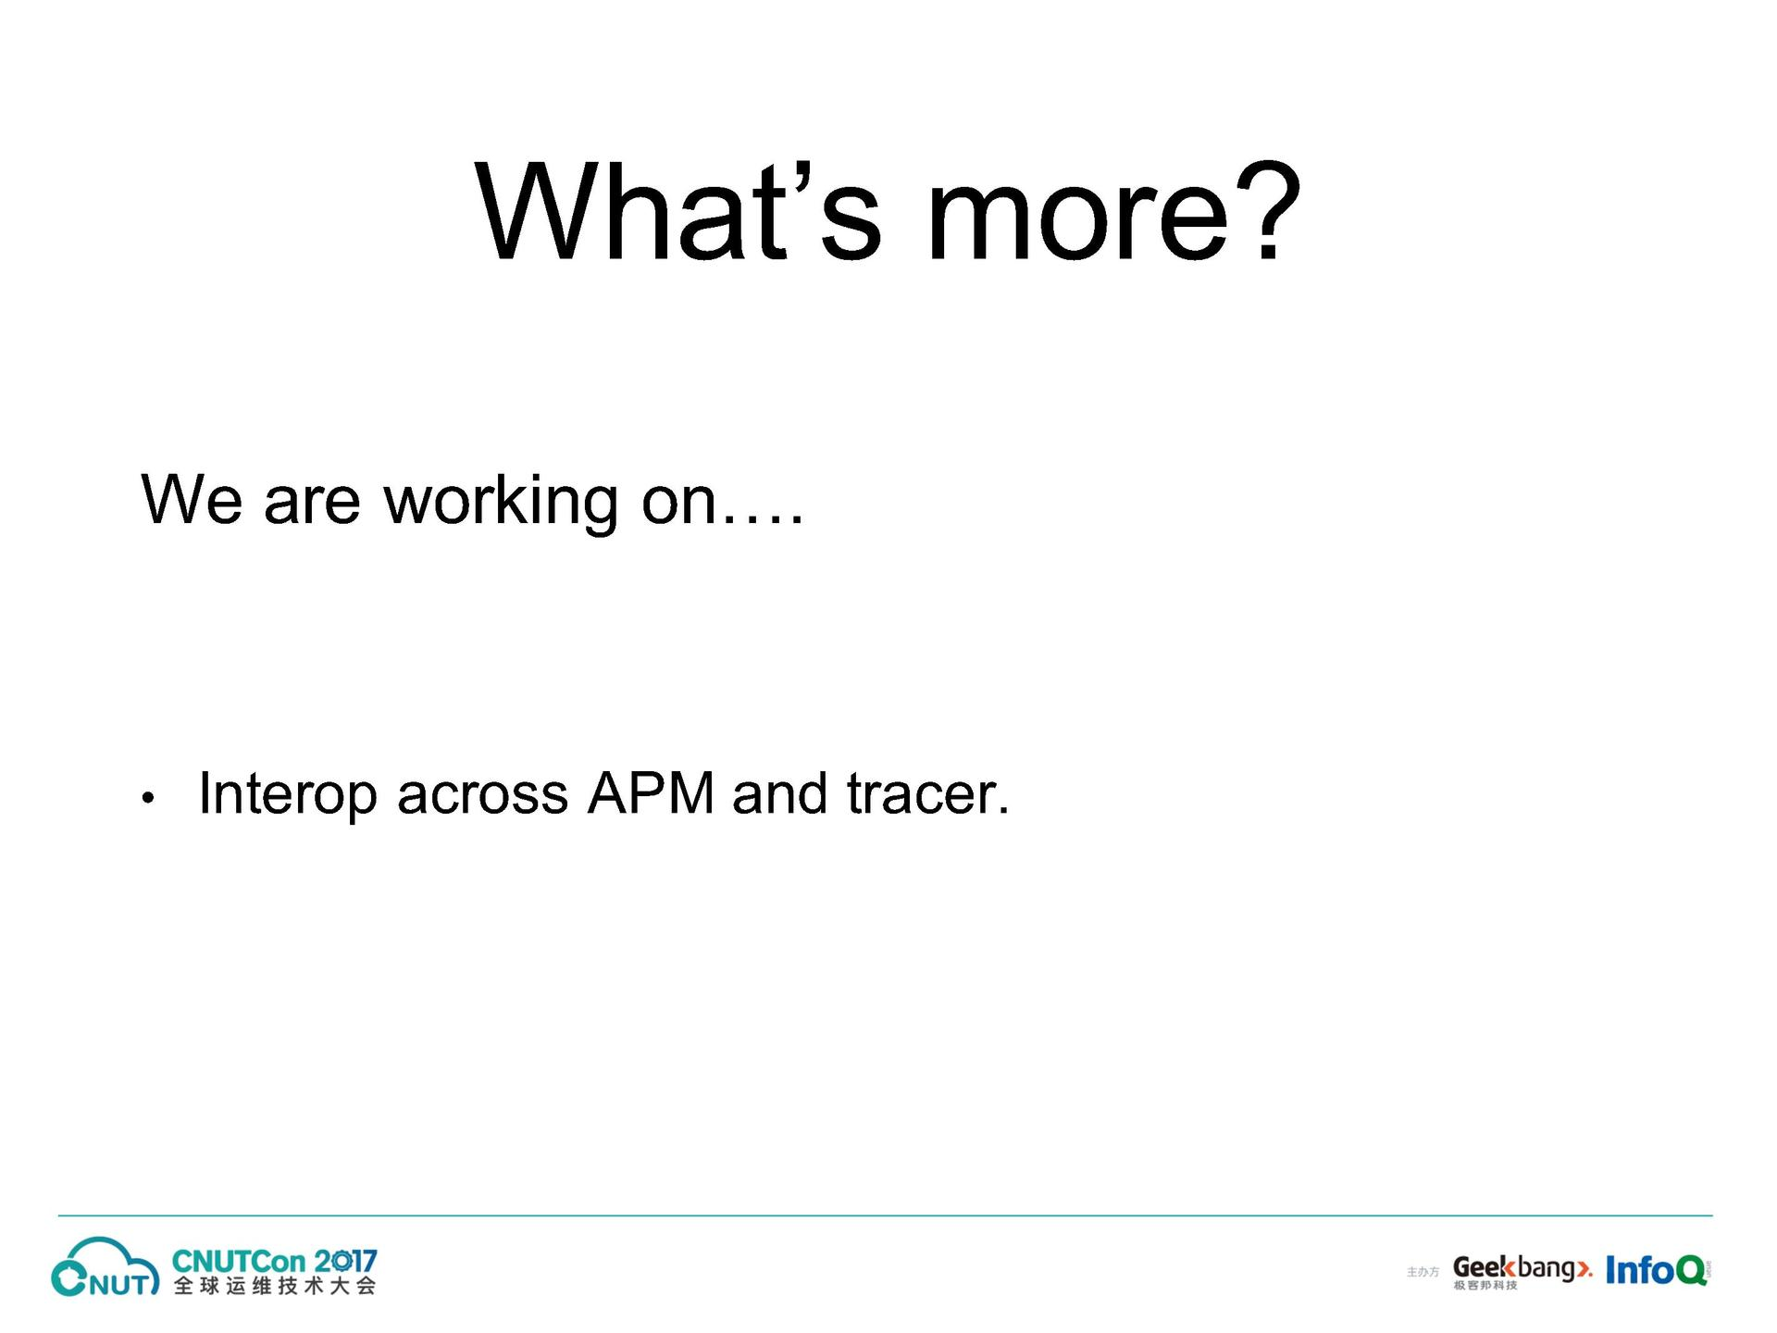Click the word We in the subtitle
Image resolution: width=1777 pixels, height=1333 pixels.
192,500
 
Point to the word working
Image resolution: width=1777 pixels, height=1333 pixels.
501,503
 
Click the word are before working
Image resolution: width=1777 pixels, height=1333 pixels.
312,505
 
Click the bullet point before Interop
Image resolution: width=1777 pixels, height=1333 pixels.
147,798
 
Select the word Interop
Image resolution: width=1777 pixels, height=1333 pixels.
288,795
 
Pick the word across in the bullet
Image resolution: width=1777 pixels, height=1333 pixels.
482,799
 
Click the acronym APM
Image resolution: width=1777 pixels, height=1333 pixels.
651,793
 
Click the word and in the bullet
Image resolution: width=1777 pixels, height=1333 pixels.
779,793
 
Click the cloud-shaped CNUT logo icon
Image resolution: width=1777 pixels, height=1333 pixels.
105,1267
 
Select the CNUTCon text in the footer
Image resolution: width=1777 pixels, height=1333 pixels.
239,1262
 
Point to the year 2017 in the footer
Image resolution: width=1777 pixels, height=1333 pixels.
345,1262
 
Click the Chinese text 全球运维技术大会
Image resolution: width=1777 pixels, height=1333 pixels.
275,1287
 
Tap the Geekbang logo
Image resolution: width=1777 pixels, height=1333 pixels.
1522,1271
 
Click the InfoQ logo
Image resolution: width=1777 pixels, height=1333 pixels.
1657,1270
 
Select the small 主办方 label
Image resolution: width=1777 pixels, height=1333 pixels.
1423,1273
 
